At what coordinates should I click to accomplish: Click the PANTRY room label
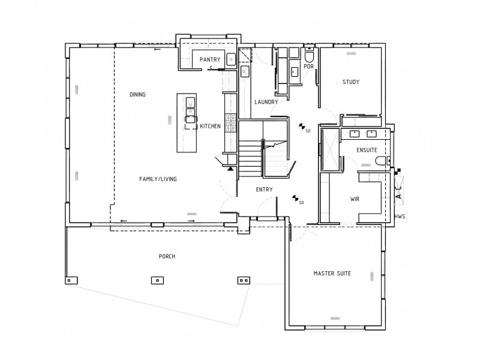coord(211,59)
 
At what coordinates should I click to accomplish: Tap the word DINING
coord(137,95)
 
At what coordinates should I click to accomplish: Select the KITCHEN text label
coord(210,126)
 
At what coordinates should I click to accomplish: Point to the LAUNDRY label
coord(266,102)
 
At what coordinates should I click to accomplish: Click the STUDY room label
coord(351,82)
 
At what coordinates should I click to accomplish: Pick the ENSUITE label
coord(367,149)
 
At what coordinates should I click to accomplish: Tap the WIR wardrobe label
coord(355,199)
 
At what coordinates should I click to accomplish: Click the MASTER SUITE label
coord(332,274)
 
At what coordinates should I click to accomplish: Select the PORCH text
coord(167,257)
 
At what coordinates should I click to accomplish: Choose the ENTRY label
coord(264,190)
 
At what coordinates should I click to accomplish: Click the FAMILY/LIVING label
coord(158,179)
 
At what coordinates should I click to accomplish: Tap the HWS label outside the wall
coord(400,216)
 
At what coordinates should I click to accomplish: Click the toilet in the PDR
coord(309,56)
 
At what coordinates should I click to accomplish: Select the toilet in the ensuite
coord(380,161)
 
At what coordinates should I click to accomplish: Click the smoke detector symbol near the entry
coord(295,197)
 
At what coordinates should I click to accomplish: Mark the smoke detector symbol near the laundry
coord(302,126)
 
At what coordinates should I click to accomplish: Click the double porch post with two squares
coord(243,280)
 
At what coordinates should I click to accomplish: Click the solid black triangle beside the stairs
coord(230,169)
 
